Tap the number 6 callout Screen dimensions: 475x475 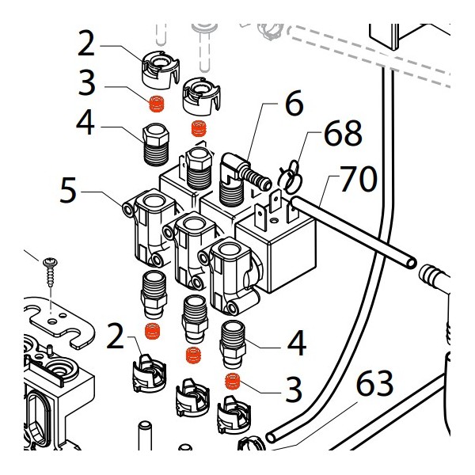click(x=294, y=104)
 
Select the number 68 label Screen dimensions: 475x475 click(x=342, y=135)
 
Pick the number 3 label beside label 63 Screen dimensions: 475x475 click(x=294, y=389)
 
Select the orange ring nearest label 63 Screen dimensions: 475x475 click(x=233, y=382)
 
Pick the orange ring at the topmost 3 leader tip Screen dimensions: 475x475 click(x=157, y=103)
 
